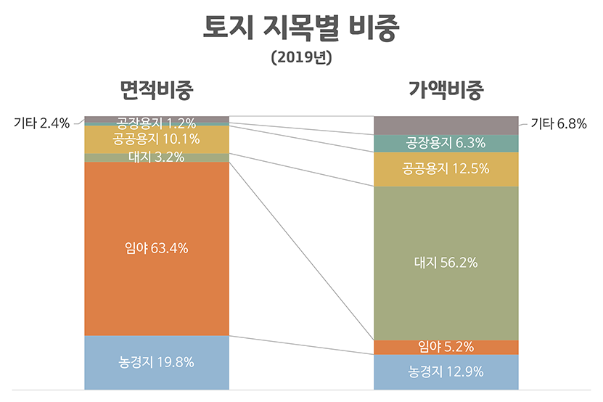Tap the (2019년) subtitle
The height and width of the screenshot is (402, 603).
301,57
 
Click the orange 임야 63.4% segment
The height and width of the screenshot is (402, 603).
157,290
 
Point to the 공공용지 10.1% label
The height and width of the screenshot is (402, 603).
157,139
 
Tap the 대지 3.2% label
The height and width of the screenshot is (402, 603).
157,157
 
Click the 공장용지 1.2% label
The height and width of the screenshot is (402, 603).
157,121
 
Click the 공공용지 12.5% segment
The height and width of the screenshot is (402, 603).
446,169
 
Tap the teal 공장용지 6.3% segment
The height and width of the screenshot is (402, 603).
446,143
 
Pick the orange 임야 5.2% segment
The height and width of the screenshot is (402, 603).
446,347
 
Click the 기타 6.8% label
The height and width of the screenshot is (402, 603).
558,123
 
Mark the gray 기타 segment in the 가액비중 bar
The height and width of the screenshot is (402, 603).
446,125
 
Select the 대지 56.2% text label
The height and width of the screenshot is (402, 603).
446,263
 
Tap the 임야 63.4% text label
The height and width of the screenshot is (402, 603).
157,248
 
